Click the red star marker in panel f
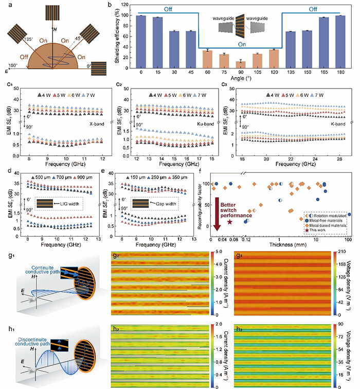tap(230, 221)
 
